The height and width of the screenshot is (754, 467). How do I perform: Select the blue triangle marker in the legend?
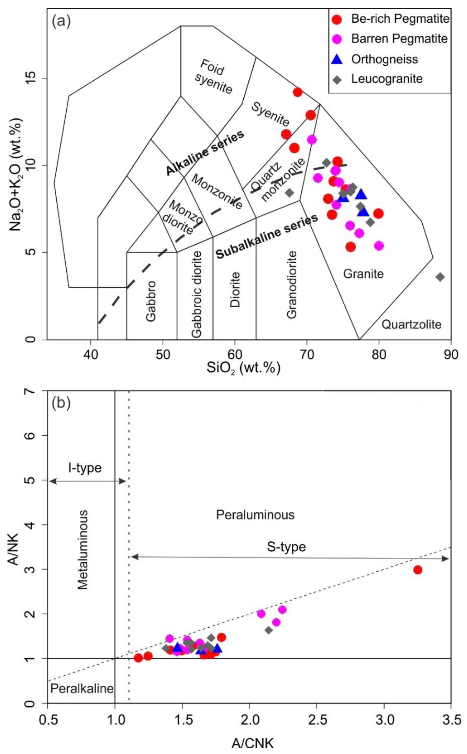click(x=338, y=59)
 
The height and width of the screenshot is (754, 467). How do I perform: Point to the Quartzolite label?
click(x=411, y=325)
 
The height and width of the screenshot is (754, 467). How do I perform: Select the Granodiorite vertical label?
click(x=292, y=285)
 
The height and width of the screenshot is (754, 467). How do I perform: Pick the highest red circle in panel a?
click(x=298, y=92)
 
